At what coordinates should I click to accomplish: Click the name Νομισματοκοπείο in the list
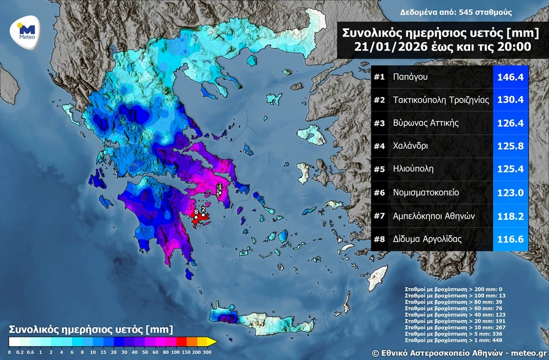(x=426, y=193)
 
